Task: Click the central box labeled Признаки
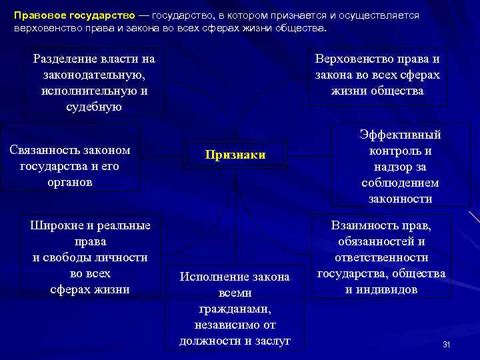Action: (x=235, y=155)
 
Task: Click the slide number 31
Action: (x=447, y=344)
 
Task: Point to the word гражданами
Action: (x=235, y=309)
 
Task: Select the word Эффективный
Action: (x=400, y=135)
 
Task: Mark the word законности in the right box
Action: (x=400, y=199)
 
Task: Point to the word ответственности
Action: (x=381, y=257)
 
